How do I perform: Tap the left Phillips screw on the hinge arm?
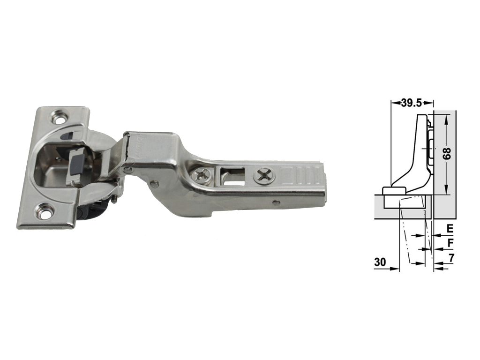(x=202, y=175)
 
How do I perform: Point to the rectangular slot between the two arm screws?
(x=232, y=177)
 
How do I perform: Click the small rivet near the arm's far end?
(x=277, y=202)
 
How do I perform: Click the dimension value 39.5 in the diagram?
(x=412, y=104)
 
